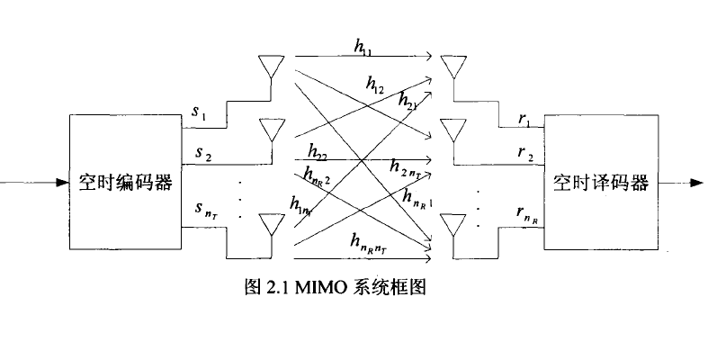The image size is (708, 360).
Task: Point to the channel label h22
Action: coord(317,149)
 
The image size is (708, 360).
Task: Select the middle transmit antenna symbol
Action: coord(268,130)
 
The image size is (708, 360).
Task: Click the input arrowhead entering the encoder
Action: coord(63,183)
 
